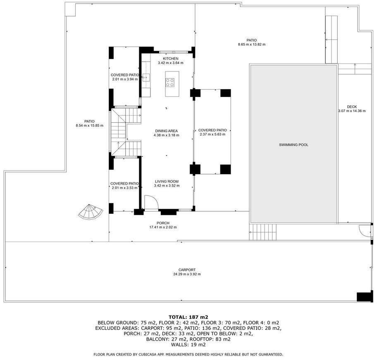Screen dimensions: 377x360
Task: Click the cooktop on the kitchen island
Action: pyautogui.click(x=170, y=83)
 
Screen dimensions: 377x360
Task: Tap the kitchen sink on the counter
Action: pyautogui.click(x=146, y=78)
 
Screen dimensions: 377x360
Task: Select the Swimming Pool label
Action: pyautogui.click(x=293, y=145)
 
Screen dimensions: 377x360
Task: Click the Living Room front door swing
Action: pyautogui.click(x=151, y=202)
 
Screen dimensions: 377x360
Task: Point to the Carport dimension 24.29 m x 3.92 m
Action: pyautogui.click(x=187, y=274)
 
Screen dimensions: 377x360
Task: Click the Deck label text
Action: pyautogui.click(x=352, y=107)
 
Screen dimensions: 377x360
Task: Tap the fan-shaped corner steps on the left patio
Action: pyautogui.click(x=91, y=212)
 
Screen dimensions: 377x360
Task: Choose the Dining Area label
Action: pyautogui.click(x=166, y=131)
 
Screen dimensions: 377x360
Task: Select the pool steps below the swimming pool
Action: pyautogui.click(x=263, y=232)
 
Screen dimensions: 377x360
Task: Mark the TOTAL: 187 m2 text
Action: pyautogui.click(x=188, y=317)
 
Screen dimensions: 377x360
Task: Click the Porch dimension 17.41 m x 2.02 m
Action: pyautogui.click(x=163, y=227)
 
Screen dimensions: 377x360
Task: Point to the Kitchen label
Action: pyautogui.click(x=171, y=59)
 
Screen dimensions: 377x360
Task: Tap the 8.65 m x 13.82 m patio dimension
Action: pyautogui.click(x=252, y=45)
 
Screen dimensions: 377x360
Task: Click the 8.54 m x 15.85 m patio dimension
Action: pyautogui.click(x=89, y=126)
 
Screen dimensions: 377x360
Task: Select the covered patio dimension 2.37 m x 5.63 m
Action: pyautogui.click(x=212, y=134)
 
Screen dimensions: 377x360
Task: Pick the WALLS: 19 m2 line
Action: pyautogui.click(x=188, y=345)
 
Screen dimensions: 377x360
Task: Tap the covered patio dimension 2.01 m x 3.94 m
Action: pyautogui.click(x=125, y=79)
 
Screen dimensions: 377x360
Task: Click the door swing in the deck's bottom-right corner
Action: pyautogui.click(x=365, y=231)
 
